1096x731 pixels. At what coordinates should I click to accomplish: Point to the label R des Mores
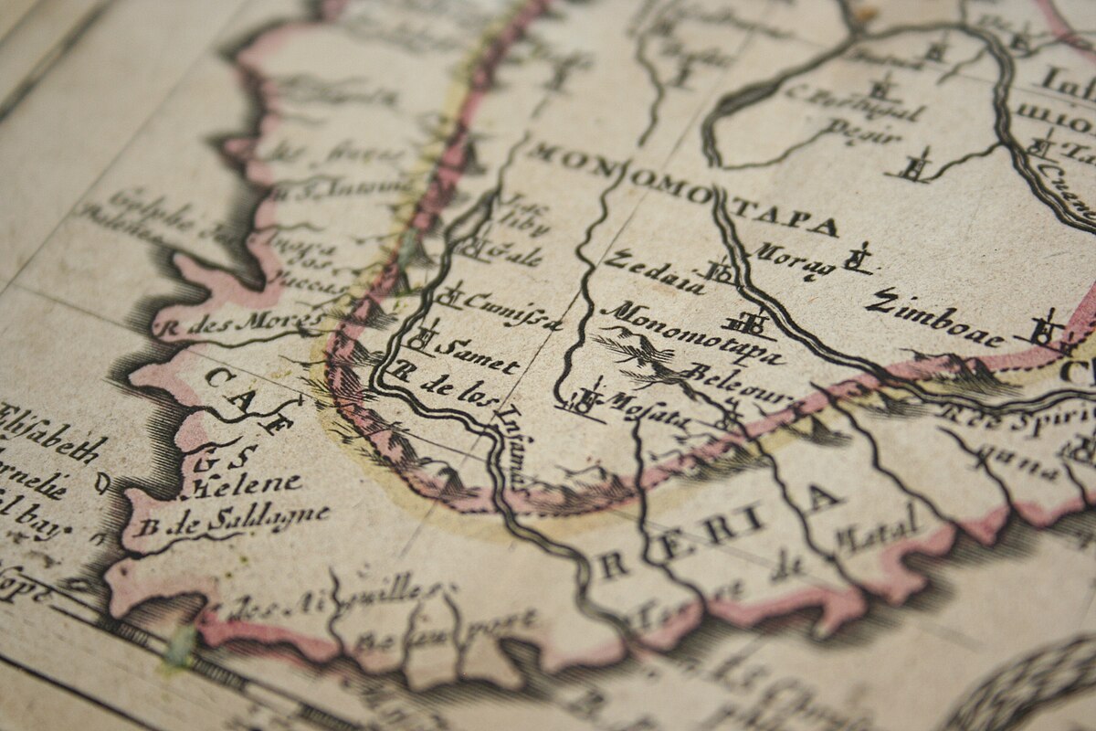coord(241,322)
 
